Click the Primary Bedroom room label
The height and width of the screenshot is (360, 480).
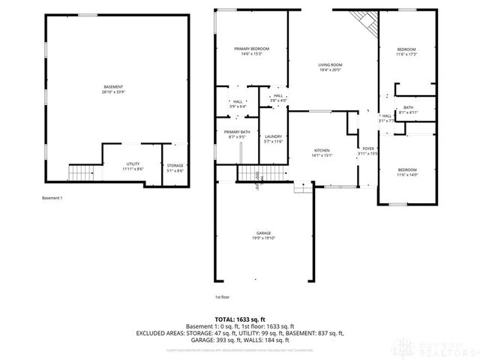251,51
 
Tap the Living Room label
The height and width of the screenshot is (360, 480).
330,67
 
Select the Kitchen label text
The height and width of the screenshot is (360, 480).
321,153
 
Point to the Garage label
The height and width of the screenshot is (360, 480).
262,235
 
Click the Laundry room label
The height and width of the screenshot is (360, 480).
273,139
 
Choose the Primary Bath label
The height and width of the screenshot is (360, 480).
236,135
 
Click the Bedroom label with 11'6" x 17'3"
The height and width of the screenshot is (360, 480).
406,52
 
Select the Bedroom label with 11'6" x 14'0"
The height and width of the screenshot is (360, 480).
406,172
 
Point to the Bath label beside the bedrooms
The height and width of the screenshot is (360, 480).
408,110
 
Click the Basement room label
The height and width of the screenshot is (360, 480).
113,89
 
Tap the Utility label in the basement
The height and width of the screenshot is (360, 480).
133,166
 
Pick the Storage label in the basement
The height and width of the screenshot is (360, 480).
175,168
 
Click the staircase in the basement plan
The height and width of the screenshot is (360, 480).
79,173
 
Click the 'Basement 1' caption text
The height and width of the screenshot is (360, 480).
52,198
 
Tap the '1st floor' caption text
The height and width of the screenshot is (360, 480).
223,296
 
